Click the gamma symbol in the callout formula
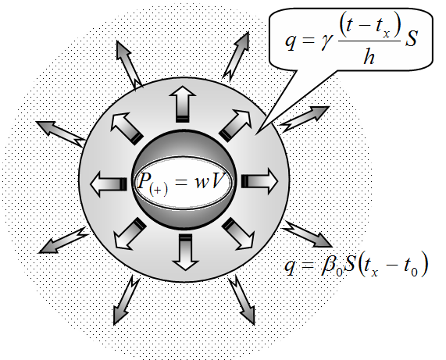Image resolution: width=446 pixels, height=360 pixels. tap(326, 43)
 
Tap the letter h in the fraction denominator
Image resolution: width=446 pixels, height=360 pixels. tap(369, 56)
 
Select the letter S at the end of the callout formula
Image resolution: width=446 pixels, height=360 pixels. tap(411, 38)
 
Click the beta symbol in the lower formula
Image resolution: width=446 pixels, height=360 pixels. tap(329, 266)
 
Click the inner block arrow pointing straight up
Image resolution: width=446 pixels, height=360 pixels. tap(182, 104)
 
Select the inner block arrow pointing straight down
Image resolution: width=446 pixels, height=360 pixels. tap(185, 251)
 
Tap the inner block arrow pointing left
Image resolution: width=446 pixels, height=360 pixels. tap(109, 184)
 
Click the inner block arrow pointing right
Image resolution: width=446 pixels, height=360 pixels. tap(259, 181)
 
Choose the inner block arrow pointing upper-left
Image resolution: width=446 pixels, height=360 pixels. tap(126, 128)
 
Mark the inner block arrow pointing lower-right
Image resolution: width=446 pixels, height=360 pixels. tap(238, 234)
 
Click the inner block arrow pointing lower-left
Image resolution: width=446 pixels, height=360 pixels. tap(130, 233)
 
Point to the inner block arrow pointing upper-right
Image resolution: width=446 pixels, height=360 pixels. tap(236, 125)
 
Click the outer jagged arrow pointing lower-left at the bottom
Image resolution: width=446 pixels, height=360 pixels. tap(126, 301)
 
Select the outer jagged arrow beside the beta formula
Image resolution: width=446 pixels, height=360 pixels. tap(306, 233)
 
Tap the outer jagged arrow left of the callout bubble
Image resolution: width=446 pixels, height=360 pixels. tap(237, 55)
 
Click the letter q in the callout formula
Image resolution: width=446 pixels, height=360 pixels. tap(290, 42)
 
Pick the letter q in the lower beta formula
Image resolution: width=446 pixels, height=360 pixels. tap(290, 266)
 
